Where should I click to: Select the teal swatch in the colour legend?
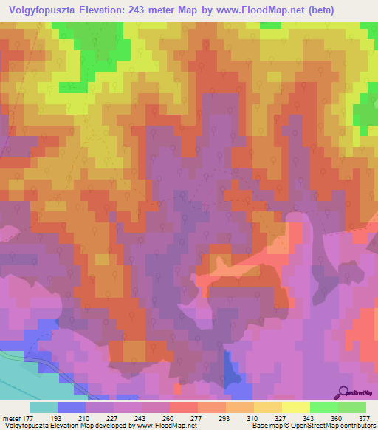(44, 407)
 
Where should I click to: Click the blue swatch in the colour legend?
(72, 407)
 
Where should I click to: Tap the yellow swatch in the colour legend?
(295, 407)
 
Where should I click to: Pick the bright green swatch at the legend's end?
(351, 407)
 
